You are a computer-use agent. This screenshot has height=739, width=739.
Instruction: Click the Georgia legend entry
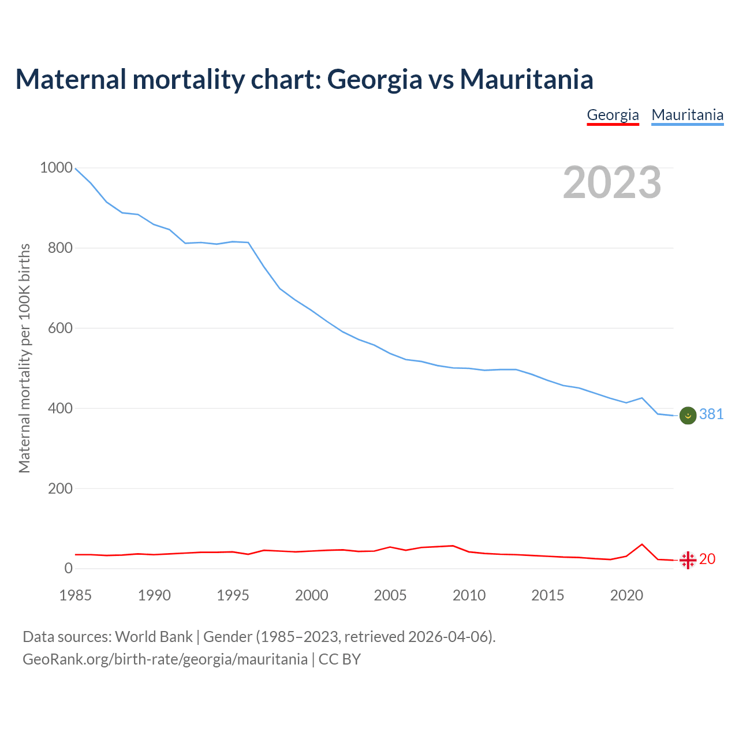613,115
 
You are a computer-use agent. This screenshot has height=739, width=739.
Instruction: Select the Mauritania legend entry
687,115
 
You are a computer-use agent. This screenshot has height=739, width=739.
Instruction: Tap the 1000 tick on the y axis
56,168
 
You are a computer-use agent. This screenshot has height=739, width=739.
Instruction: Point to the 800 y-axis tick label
60,248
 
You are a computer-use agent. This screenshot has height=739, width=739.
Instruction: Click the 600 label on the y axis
60,328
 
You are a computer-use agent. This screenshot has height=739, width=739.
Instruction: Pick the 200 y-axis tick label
60,488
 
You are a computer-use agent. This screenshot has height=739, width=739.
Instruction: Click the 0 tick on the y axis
69,568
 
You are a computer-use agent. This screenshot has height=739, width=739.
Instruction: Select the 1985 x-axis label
76,595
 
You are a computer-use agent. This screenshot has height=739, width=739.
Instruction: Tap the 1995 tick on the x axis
233,595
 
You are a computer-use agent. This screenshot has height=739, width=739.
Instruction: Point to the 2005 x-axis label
390,595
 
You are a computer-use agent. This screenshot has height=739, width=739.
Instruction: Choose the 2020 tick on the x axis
626,595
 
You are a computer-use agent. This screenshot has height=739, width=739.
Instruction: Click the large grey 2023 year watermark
612,182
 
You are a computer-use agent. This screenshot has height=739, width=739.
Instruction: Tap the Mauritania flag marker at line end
688,415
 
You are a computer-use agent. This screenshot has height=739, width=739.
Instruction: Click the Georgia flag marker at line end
688,560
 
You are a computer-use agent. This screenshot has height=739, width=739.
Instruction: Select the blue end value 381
711,414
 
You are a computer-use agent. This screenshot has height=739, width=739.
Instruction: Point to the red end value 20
707,559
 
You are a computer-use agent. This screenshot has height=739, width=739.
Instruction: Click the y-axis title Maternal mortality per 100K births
24,358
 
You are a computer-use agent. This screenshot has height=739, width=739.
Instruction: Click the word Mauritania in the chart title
527,79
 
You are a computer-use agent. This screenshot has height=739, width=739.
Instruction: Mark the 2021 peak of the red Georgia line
642,544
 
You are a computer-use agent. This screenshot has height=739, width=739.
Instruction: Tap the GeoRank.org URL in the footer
165,659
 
